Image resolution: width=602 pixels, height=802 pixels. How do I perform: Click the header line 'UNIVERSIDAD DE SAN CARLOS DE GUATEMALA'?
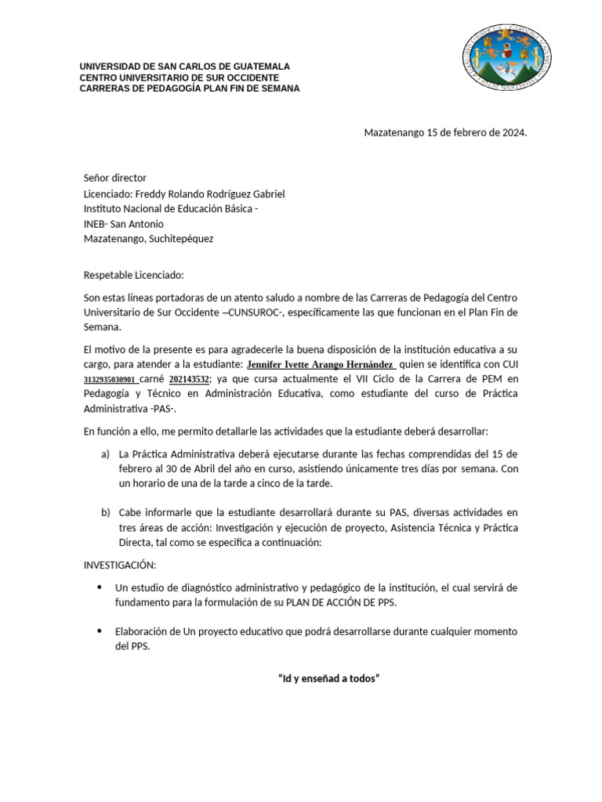[x=184, y=67]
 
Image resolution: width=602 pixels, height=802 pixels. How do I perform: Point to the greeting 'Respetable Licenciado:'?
[x=132, y=275]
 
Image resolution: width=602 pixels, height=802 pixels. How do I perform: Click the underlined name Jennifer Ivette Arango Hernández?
[x=321, y=364]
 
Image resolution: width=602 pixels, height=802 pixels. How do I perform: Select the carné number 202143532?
[x=189, y=379]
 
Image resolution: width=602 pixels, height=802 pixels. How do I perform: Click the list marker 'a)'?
[x=105, y=454]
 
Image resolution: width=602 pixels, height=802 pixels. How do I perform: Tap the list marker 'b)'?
[x=105, y=512]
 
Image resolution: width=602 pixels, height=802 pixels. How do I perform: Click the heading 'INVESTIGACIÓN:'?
[x=120, y=565]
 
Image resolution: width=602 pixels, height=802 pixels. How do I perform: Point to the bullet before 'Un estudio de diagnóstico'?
[x=98, y=587]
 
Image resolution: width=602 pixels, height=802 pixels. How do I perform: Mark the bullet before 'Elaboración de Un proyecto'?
[x=98, y=631]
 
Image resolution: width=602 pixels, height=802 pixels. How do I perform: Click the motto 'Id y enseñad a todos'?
[x=328, y=677]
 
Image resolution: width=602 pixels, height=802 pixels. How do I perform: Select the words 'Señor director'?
[x=115, y=178]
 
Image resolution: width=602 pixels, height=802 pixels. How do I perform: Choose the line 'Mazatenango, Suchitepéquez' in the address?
[x=148, y=239]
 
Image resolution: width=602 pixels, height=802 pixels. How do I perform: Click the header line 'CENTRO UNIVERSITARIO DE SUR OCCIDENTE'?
[x=179, y=78]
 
